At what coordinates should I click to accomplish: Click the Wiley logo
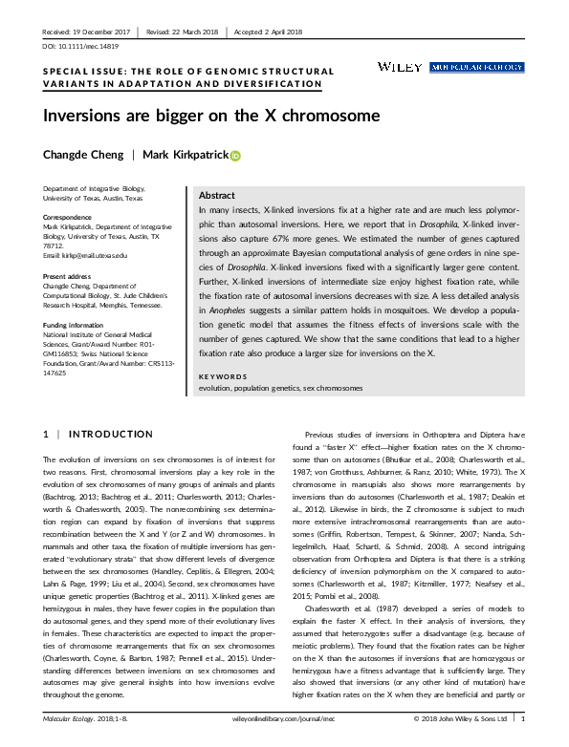pyautogui.click(x=401, y=67)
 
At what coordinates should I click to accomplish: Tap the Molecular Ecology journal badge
pyautogui.click(x=477, y=67)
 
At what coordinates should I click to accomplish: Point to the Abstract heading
pyautogui.click(x=217, y=195)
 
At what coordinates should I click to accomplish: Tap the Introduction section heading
pyautogui.click(x=98, y=434)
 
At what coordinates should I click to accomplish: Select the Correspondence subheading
pyautogui.click(x=69, y=217)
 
